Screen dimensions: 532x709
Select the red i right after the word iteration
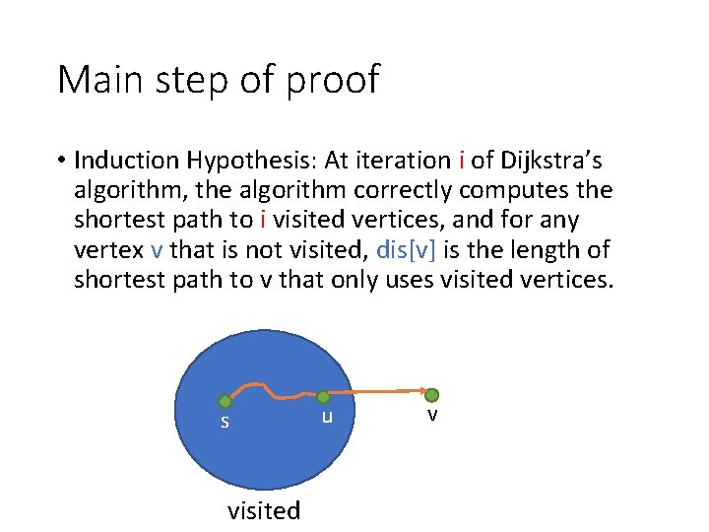(463, 160)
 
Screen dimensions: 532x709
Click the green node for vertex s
(225, 401)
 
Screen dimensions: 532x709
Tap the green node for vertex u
(322, 397)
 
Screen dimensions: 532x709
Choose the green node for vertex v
(431, 395)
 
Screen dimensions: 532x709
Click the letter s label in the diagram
(225, 423)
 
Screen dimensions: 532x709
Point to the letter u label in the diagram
(327, 417)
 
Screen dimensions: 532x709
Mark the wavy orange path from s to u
(271, 389)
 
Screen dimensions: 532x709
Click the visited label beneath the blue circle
(263, 510)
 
